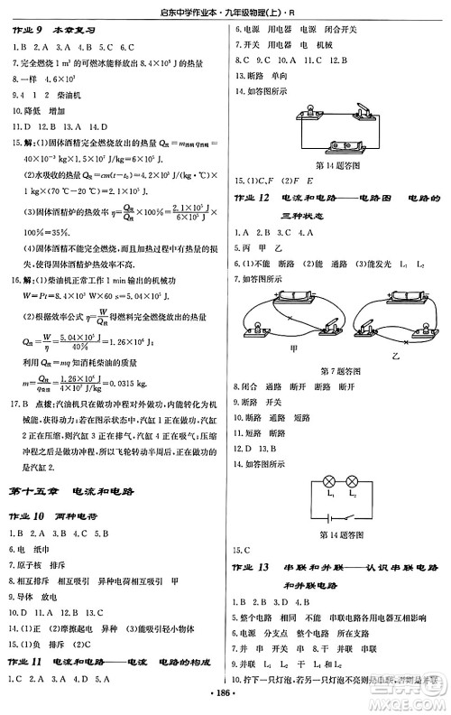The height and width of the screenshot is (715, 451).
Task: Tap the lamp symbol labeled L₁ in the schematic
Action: click(x=304, y=484)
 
